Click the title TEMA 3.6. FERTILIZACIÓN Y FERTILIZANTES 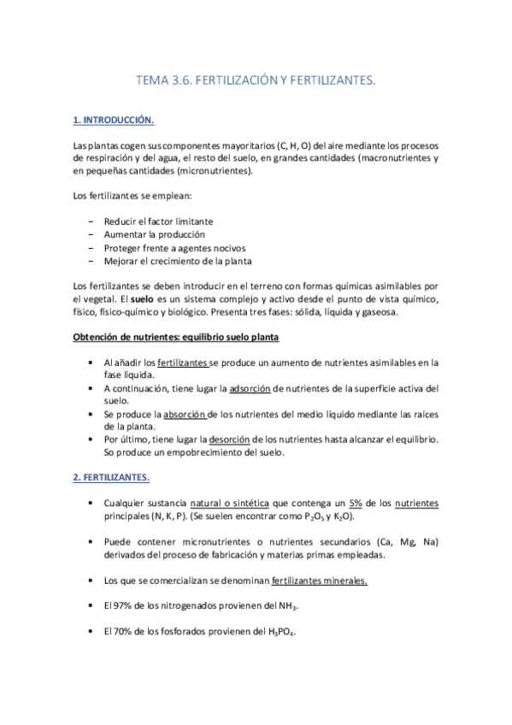pos(256,80)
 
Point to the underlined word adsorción pos(250,388)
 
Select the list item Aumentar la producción pos(154,234)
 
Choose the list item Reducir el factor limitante pos(158,221)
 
